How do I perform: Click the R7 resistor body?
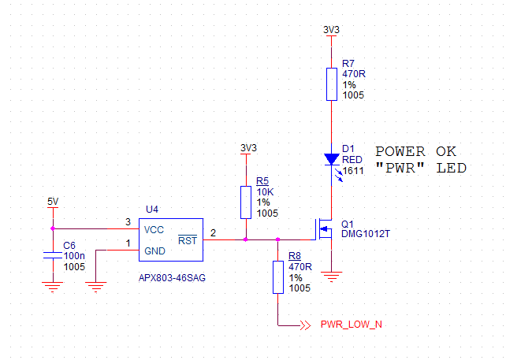pos(333,84)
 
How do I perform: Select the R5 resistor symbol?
pos(246,202)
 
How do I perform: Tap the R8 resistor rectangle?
pos(277,277)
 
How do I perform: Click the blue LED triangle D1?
pos(333,158)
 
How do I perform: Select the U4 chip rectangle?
pos(171,239)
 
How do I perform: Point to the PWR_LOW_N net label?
pos(351,325)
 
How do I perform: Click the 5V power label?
pos(53,202)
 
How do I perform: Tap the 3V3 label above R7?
pos(332,29)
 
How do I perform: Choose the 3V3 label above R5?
pos(247,148)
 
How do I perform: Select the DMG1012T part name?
pos(366,234)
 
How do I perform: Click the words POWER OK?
pos(415,151)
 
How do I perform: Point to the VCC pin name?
pos(154,229)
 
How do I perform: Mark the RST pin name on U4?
pos(188,240)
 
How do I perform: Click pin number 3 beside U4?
pos(128,222)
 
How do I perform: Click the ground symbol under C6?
pos(53,287)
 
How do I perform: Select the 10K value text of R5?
pos(265,191)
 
